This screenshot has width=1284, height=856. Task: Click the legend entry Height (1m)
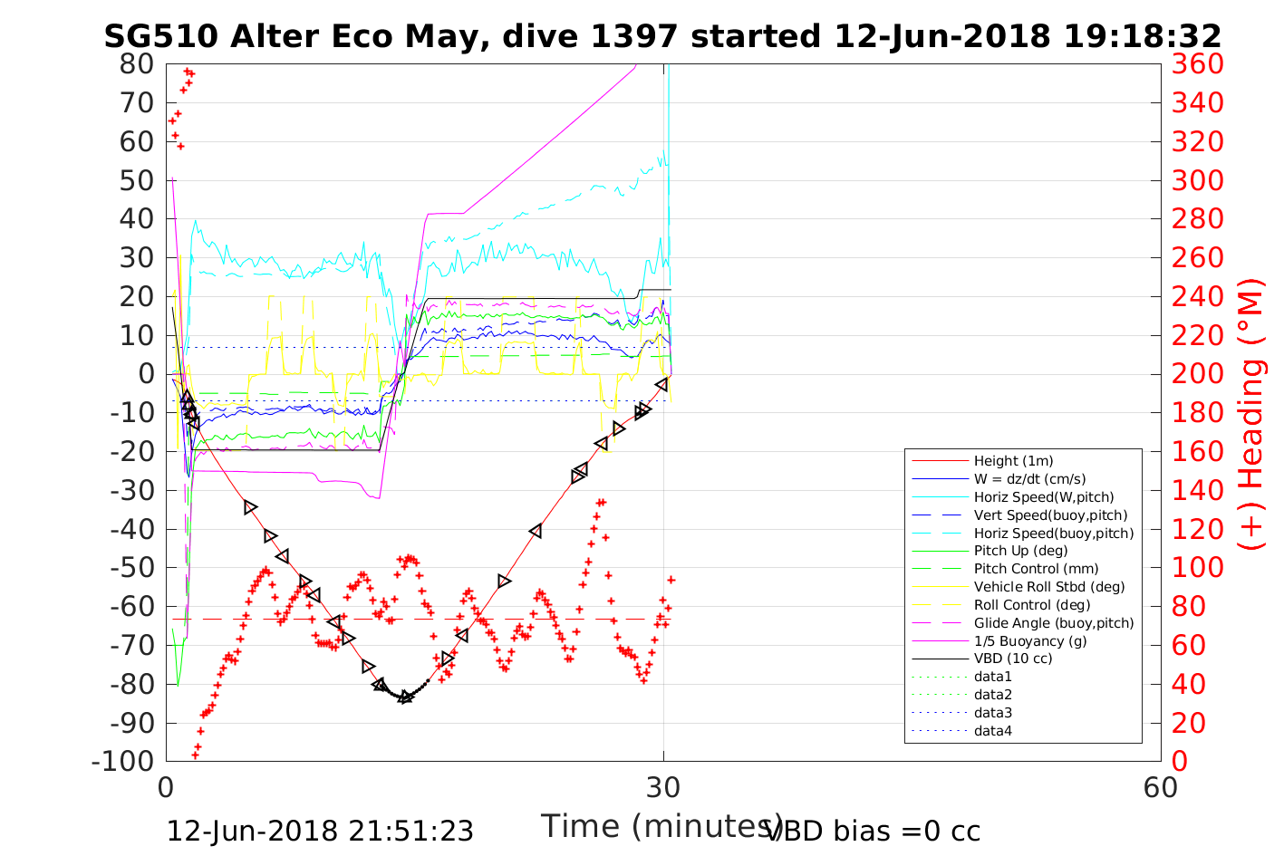coord(1013,461)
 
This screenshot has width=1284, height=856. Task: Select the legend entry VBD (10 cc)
coord(1013,659)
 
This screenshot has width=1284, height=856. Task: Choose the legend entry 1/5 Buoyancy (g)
coord(1030,640)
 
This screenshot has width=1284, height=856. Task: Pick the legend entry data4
coord(992,730)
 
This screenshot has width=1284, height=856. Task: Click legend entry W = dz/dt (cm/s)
coord(1029,479)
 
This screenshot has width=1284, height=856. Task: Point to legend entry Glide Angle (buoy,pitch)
coord(1053,622)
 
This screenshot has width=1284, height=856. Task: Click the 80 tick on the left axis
coord(137,64)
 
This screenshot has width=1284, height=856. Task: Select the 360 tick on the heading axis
coord(1197,64)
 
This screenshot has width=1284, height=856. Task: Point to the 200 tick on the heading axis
coord(1197,374)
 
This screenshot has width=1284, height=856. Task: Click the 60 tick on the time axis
coord(1161,787)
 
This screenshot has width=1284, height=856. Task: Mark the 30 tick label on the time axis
coord(663,787)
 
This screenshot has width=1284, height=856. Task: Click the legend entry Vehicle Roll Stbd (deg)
coord(1049,587)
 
